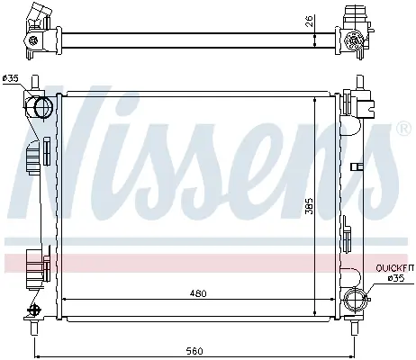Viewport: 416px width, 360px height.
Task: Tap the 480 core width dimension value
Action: click(198, 293)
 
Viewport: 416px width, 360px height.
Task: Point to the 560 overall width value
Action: click(194, 350)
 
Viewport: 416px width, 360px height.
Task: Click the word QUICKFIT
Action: click(395, 268)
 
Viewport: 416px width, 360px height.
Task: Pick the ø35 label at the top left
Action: click(10, 78)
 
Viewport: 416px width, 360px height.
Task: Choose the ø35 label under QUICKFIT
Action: click(396, 278)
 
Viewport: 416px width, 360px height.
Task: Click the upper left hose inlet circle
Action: click(43, 107)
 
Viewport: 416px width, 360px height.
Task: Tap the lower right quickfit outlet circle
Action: click(356, 299)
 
